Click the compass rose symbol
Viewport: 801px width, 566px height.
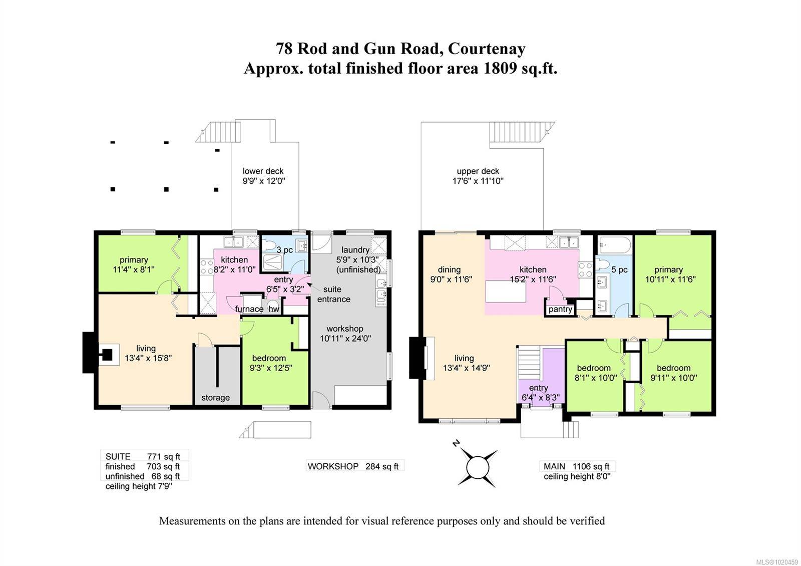[x=477, y=467]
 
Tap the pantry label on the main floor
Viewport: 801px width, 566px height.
[x=560, y=309]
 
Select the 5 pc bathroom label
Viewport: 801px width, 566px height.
[x=619, y=270]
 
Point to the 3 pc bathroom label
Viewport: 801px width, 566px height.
[x=285, y=250]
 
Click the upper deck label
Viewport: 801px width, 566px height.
[x=478, y=171]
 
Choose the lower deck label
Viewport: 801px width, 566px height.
[x=263, y=171]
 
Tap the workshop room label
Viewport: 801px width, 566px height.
[x=345, y=329]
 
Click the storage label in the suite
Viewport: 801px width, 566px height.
[x=215, y=398]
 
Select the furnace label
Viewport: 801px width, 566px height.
[x=249, y=309]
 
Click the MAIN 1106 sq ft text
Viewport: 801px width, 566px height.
[x=576, y=466]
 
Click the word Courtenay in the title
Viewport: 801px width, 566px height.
[x=487, y=49]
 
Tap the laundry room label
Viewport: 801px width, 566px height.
[x=355, y=250]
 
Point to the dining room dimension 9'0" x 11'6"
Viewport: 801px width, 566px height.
[x=451, y=279]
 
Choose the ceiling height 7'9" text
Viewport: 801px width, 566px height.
[x=139, y=486]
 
